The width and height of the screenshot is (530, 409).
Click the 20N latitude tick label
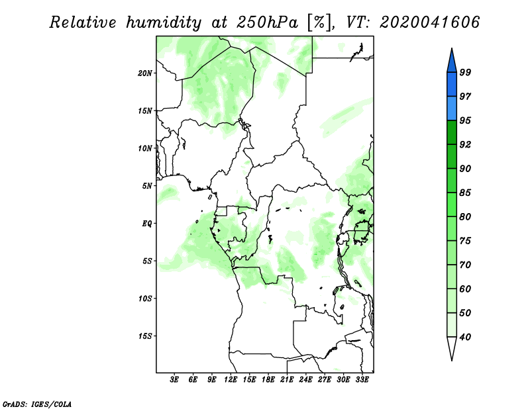pos(145,73)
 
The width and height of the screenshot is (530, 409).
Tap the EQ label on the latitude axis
pos(147,223)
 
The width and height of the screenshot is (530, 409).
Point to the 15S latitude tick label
pos(145,336)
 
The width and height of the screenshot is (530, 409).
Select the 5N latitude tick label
pos(147,186)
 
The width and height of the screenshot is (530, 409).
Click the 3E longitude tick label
pos(174,379)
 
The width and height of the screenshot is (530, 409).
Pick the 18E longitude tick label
pos(268,379)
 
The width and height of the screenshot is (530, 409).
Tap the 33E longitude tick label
pos(362,379)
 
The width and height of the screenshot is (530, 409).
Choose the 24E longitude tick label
pos(305,379)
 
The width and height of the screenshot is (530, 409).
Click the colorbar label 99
pos(465,72)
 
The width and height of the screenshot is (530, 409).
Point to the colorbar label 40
pos(465,337)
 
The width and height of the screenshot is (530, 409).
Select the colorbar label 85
pos(465,193)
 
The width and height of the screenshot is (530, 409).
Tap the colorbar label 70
pos(465,265)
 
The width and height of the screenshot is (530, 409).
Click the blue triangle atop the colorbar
pos(452,62)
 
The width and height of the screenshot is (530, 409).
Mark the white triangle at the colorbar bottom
pos(452,347)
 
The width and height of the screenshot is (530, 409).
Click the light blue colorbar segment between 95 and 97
pos(452,109)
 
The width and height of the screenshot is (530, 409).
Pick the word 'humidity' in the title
pos(164,23)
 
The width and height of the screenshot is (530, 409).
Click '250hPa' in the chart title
pos(267,23)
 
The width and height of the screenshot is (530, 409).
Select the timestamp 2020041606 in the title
pos(429,22)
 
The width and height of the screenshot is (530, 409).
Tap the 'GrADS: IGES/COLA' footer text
pos(37,404)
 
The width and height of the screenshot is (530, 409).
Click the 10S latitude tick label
pos(145,298)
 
